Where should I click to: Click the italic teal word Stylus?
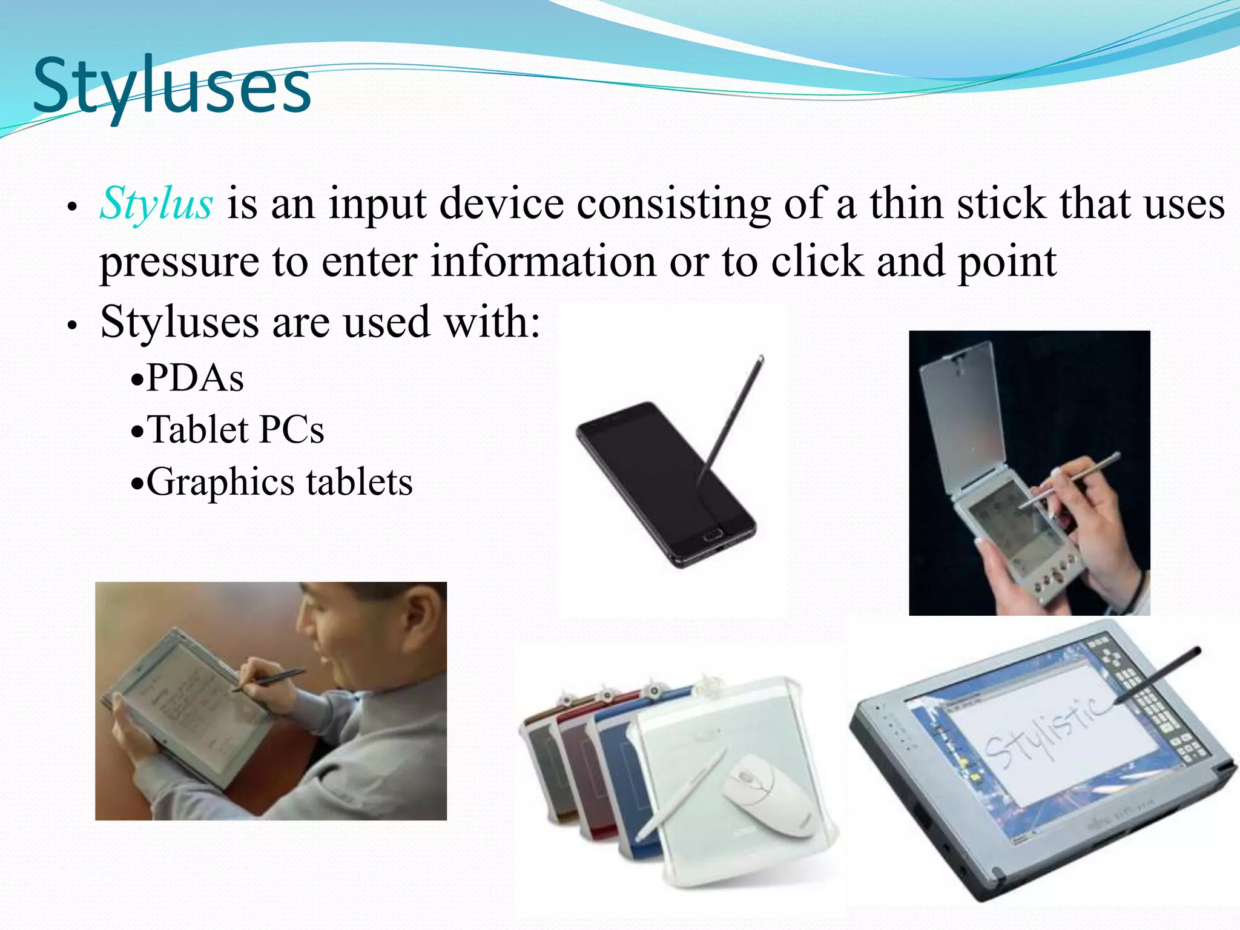coord(156,203)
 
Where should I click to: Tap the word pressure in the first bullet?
coord(179,262)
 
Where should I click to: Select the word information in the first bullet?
coord(543,262)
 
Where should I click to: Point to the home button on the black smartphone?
coord(714,535)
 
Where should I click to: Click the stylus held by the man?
coord(272,679)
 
